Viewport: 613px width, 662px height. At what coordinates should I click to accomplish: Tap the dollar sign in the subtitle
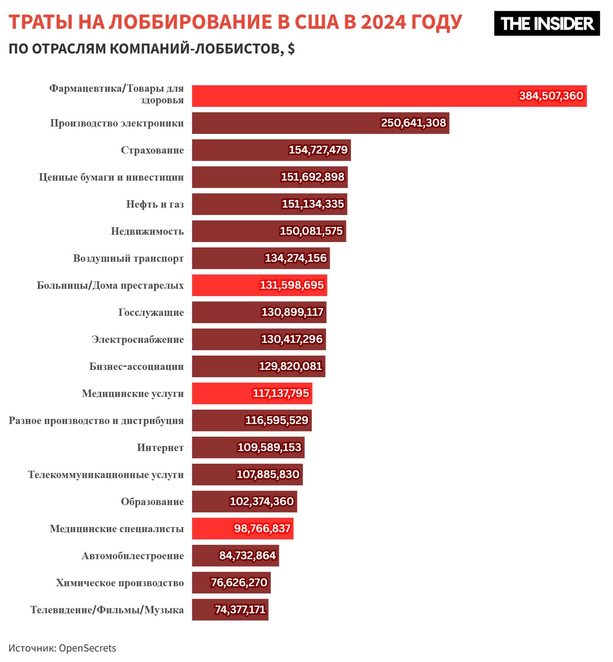tap(291, 49)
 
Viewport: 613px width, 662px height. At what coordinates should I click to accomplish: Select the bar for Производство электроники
tap(283, 123)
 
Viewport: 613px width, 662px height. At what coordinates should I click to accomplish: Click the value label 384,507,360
tap(551, 96)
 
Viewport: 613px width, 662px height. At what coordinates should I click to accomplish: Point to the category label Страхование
tap(152, 150)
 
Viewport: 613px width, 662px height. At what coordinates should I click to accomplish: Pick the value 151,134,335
tap(313, 204)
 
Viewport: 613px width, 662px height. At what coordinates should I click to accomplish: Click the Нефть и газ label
tap(155, 204)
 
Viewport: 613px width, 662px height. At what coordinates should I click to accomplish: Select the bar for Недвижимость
tap(234, 231)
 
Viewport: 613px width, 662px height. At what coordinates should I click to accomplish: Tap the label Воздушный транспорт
tap(128, 258)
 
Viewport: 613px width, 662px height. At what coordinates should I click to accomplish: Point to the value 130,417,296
tap(292, 339)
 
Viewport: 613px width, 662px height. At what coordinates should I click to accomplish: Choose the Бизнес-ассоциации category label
tap(136, 366)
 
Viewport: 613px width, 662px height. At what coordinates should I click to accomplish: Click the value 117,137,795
tap(281, 393)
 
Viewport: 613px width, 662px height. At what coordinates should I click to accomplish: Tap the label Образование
tap(152, 502)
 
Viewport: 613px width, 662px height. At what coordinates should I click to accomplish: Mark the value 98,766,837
tap(262, 528)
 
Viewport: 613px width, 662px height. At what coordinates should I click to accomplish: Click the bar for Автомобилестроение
tap(205, 555)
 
